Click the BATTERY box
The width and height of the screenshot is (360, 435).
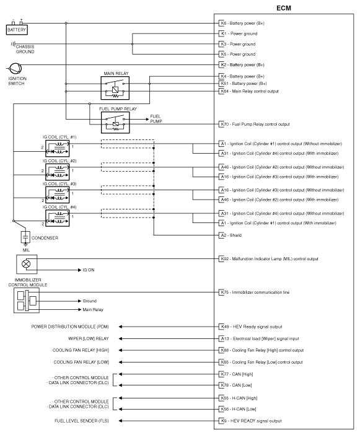(x=17, y=29)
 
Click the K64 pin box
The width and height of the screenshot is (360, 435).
(x=224, y=91)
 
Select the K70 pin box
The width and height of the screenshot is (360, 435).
(x=224, y=124)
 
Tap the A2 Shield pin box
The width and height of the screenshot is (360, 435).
(x=223, y=235)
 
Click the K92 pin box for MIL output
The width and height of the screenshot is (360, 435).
(x=224, y=258)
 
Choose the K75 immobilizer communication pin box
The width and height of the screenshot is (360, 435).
(x=224, y=292)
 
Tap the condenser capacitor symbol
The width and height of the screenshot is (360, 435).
(x=25, y=236)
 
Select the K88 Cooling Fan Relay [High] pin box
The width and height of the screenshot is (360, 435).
(x=224, y=350)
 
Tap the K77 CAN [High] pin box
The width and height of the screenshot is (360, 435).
(x=224, y=375)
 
